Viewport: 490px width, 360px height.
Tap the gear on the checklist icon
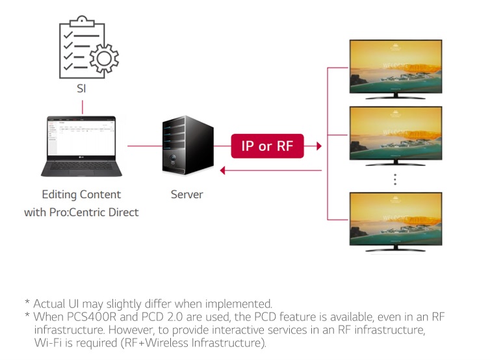click(102, 59)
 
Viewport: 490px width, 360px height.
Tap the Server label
click(187, 194)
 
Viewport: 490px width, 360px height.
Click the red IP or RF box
click(267, 146)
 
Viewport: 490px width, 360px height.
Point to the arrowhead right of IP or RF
click(318, 146)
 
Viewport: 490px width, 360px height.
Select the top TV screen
click(394, 67)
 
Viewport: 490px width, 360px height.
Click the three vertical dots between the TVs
click(394, 179)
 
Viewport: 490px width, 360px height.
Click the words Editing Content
click(81, 194)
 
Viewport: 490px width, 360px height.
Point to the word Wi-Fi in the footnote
click(47, 342)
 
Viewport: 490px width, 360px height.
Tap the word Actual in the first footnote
click(49, 303)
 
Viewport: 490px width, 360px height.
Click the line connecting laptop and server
click(143, 146)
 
